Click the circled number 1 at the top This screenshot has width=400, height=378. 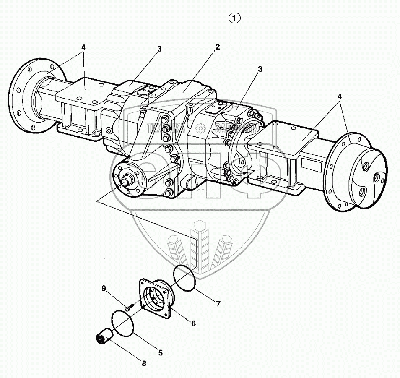click(235, 18)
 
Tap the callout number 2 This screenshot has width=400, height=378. click(217, 47)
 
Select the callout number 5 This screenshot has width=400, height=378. click(160, 353)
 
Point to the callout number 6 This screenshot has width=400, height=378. click(193, 323)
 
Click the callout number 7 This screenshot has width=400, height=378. click(218, 303)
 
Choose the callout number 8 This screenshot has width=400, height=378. click(144, 364)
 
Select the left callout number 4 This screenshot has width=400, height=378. click(83, 47)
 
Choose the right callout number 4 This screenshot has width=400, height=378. click(340, 96)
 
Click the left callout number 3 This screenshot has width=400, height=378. click(159, 49)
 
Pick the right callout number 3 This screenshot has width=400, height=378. click(260, 69)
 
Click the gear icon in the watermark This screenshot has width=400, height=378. click(201, 127)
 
